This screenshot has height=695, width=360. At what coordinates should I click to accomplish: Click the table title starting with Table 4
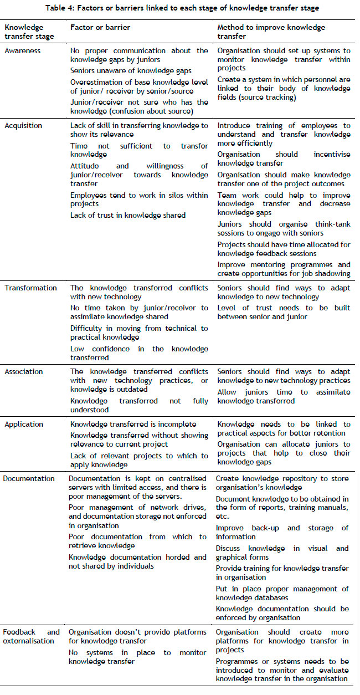pos(180,8)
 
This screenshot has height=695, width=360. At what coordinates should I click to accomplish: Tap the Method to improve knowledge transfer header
pos(271,32)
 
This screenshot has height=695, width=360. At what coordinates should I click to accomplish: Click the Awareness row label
pos(22,50)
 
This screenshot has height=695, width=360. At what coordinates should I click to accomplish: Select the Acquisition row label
pos(23,125)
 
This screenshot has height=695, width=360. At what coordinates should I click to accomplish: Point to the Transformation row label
pos(30,288)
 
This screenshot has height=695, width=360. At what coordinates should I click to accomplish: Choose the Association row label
pos(24,371)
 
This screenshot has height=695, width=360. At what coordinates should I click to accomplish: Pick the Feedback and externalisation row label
pos(31,636)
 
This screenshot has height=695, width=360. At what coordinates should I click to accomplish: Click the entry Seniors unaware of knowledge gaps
pos(131,70)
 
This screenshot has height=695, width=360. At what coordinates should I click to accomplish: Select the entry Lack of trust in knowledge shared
pos(128,215)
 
